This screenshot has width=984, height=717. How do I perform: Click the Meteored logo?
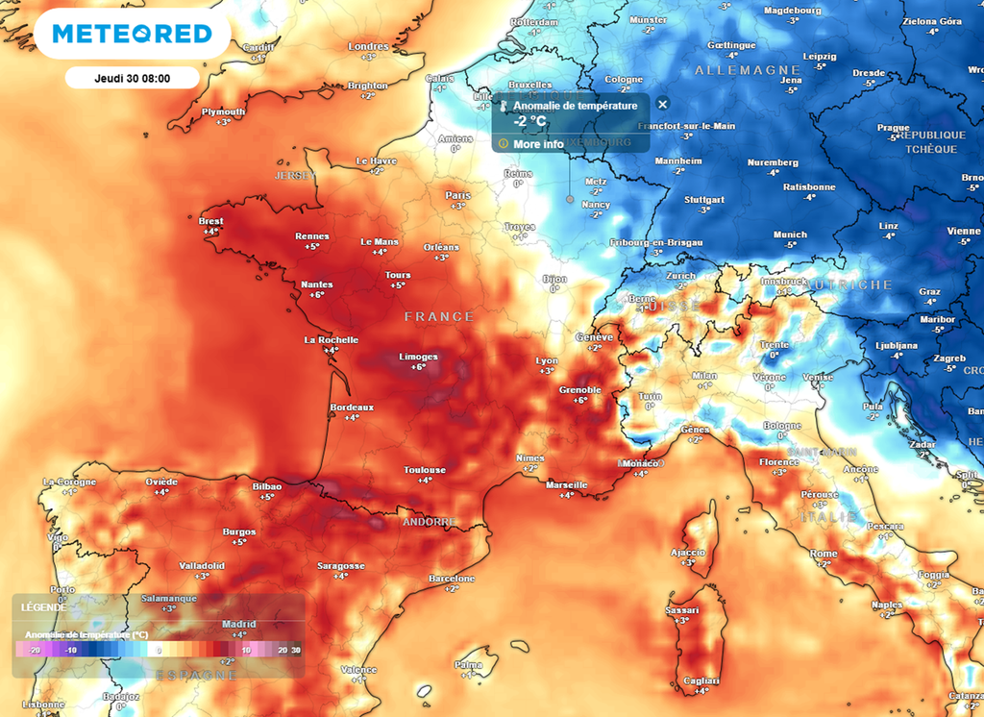(132, 34)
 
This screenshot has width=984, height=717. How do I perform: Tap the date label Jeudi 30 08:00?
(132, 79)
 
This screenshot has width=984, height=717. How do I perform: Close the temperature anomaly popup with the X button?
(662, 104)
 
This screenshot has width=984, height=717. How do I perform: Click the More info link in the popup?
(538, 144)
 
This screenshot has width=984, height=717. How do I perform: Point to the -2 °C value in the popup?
(530, 122)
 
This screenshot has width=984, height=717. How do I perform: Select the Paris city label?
(458, 195)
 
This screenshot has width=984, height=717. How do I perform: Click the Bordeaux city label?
(352, 408)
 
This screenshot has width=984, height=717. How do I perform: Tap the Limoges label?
(418, 357)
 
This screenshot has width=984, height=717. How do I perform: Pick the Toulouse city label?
(425, 470)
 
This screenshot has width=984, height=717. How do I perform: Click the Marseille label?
(566, 485)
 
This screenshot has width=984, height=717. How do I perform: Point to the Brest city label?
(210, 221)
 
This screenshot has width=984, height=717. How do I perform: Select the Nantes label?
(317, 284)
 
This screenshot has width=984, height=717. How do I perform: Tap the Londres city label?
(368, 46)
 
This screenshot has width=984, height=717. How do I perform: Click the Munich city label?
(790, 235)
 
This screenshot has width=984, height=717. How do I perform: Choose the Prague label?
(893, 128)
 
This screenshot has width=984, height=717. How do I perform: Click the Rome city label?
(824, 554)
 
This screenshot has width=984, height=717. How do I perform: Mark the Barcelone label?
(452, 579)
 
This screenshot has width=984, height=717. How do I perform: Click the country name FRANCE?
(439, 316)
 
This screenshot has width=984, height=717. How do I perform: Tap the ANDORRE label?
(429, 522)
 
